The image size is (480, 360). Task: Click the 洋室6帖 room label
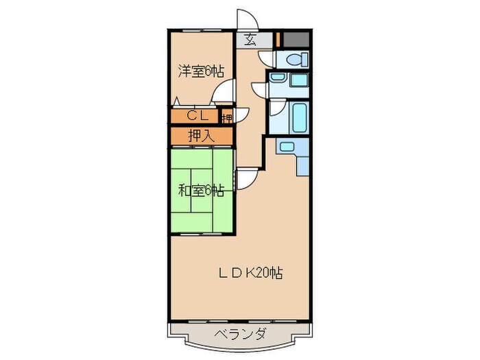(201, 71)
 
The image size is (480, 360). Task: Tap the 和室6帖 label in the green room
(201, 191)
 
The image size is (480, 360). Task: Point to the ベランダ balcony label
(239, 334)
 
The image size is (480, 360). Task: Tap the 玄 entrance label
(250, 40)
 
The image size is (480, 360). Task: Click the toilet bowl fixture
(296, 59)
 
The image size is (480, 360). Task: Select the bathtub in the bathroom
(300, 119)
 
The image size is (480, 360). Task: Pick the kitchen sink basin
(287, 146)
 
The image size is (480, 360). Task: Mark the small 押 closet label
(227, 117)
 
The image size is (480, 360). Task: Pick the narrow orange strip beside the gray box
(277, 39)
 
